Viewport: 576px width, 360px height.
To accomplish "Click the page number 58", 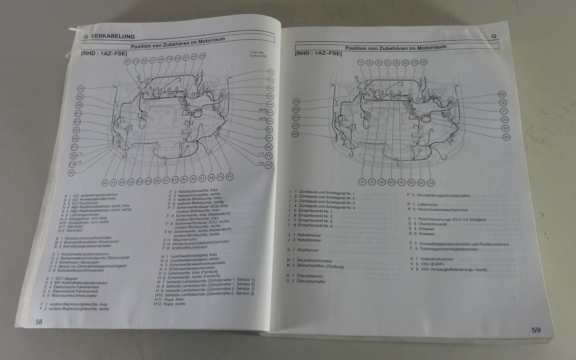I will click(39, 322).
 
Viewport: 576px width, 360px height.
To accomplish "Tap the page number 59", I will click(536, 330).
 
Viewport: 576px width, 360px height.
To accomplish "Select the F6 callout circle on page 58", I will click(81, 88).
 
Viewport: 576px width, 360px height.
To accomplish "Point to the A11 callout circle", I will click(78, 113).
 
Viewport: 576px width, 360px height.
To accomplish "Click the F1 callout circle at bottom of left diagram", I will click(230, 177).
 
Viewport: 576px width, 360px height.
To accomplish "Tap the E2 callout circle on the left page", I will click(269, 130).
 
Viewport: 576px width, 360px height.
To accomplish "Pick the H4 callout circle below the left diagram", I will click(105, 183).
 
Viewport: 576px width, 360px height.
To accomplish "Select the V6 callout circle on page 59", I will click(296, 102).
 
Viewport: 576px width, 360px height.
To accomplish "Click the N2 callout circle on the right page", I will click(502, 94).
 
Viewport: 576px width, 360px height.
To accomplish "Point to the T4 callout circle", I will click(431, 183).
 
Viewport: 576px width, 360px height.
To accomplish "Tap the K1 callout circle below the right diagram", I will click(392, 182).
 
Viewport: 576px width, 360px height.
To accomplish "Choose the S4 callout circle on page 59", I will click(507, 137).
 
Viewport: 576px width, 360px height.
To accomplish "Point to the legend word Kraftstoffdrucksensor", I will click(190, 248).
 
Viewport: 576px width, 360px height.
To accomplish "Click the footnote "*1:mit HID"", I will click(257, 53).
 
